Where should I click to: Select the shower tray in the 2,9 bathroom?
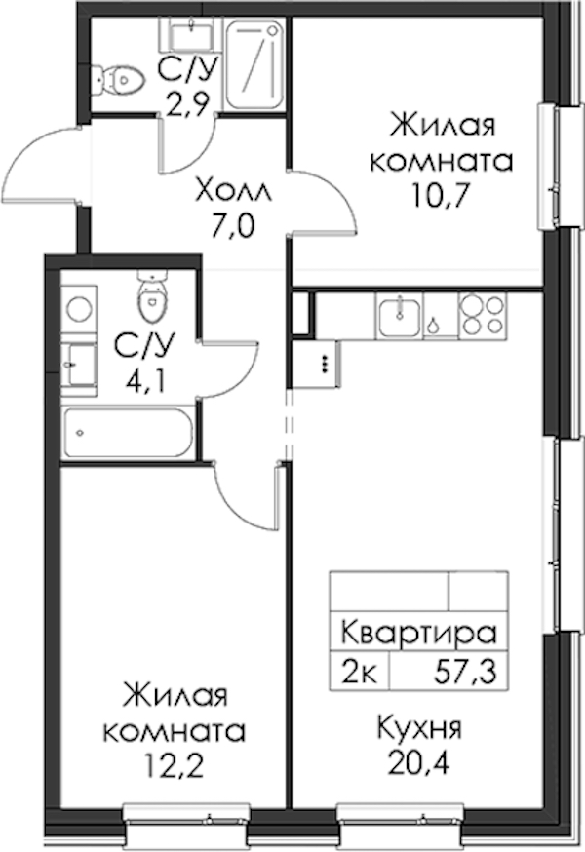255,64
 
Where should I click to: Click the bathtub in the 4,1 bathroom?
128,434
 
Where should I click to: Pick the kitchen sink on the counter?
399,318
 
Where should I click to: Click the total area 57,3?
466,674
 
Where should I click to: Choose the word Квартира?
419,633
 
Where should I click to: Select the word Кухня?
419,728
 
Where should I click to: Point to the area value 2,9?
187,105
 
